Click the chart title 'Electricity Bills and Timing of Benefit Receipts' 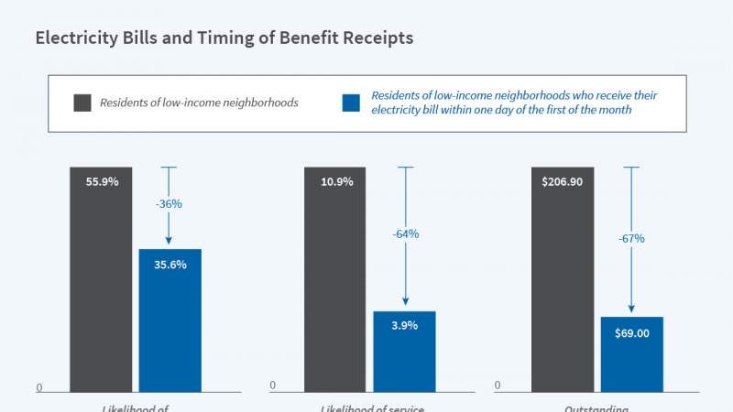point(224,38)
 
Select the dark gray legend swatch point(82,103)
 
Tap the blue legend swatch point(351,103)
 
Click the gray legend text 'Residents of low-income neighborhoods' point(199,103)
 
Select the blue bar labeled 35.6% point(170,320)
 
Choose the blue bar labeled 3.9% point(404,352)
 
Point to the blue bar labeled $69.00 point(631,354)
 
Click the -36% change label point(169,204)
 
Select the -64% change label point(405,233)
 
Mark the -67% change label point(631,238)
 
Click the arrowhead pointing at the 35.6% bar point(170,243)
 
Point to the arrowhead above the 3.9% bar point(404,305)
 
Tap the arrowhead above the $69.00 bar point(631,310)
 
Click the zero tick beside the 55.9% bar point(39,387)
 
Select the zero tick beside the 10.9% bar point(273,385)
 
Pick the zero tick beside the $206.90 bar point(498,385)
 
